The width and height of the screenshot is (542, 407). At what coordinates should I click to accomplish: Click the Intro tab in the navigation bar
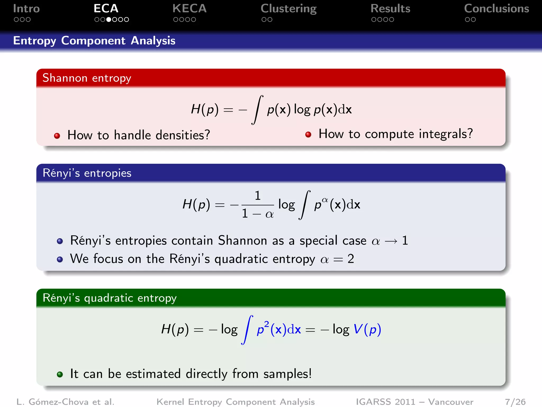pos(26,9)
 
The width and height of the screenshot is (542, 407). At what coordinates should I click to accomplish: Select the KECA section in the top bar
pos(189,9)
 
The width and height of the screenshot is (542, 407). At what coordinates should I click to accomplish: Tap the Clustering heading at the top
pos(288,9)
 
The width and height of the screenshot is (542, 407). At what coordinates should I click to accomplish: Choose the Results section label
pos(390,9)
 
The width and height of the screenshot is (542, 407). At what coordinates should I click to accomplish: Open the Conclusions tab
pos(496,9)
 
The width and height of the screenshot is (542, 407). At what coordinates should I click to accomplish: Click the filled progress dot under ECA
pos(109,20)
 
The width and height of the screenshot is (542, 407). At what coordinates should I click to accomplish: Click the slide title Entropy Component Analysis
pos(94,41)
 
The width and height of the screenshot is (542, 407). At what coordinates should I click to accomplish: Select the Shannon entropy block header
pos(87,78)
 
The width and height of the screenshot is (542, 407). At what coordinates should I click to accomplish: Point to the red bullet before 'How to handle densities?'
pos(57,136)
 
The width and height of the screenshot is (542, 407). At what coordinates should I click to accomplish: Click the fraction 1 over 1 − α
pos(258,205)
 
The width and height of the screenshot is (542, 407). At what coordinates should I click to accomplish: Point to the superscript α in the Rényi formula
pos(325,200)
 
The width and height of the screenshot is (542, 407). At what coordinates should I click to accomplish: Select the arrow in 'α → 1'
pos(391,241)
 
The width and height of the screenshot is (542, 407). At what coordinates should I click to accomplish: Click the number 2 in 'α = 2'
pos(351,259)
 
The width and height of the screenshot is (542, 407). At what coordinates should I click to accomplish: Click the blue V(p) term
pos(367,329)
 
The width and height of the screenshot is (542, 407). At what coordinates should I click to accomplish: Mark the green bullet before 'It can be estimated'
pos(60,374)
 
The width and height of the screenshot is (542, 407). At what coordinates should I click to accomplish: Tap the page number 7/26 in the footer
pos(515,402)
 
